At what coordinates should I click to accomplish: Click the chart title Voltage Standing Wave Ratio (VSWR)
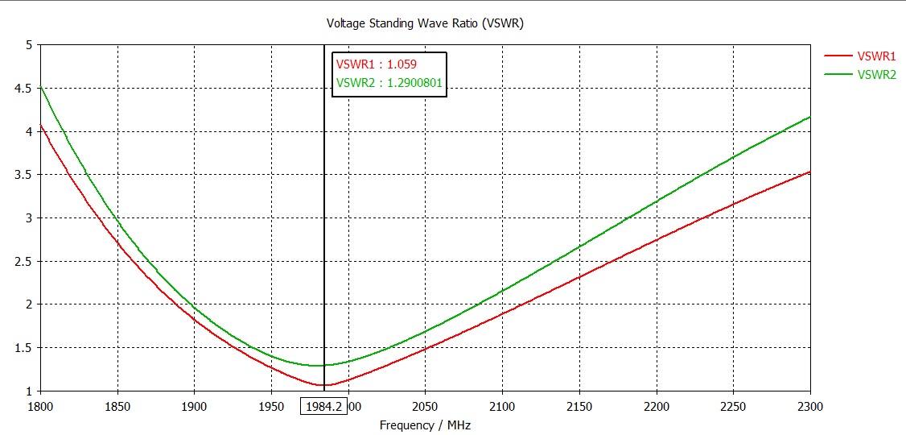(x=425, y=23)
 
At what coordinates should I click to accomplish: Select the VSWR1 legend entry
(x=876, y=56)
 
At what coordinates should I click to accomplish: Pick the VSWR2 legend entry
(x=876, y=74)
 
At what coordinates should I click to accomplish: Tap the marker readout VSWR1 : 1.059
(x=376, y=64)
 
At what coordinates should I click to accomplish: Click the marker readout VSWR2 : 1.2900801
(x=389, y=82)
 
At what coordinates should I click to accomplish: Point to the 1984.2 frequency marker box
(x=323, y=406)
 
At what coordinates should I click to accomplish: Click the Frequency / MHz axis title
(x=425, y=425)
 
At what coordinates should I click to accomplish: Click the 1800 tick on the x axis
(x=40, y=406)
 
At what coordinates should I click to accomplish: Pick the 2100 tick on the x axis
(x=502, y=406)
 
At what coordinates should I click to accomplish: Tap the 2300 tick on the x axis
(x=809, y=406)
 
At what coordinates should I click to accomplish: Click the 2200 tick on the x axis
(x=656, y=406)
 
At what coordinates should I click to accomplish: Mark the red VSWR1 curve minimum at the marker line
(x=323, y=385)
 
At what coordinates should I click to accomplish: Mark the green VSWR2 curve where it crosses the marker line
(x=323, y=366)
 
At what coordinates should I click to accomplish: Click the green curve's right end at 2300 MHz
(x=809, y=117)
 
